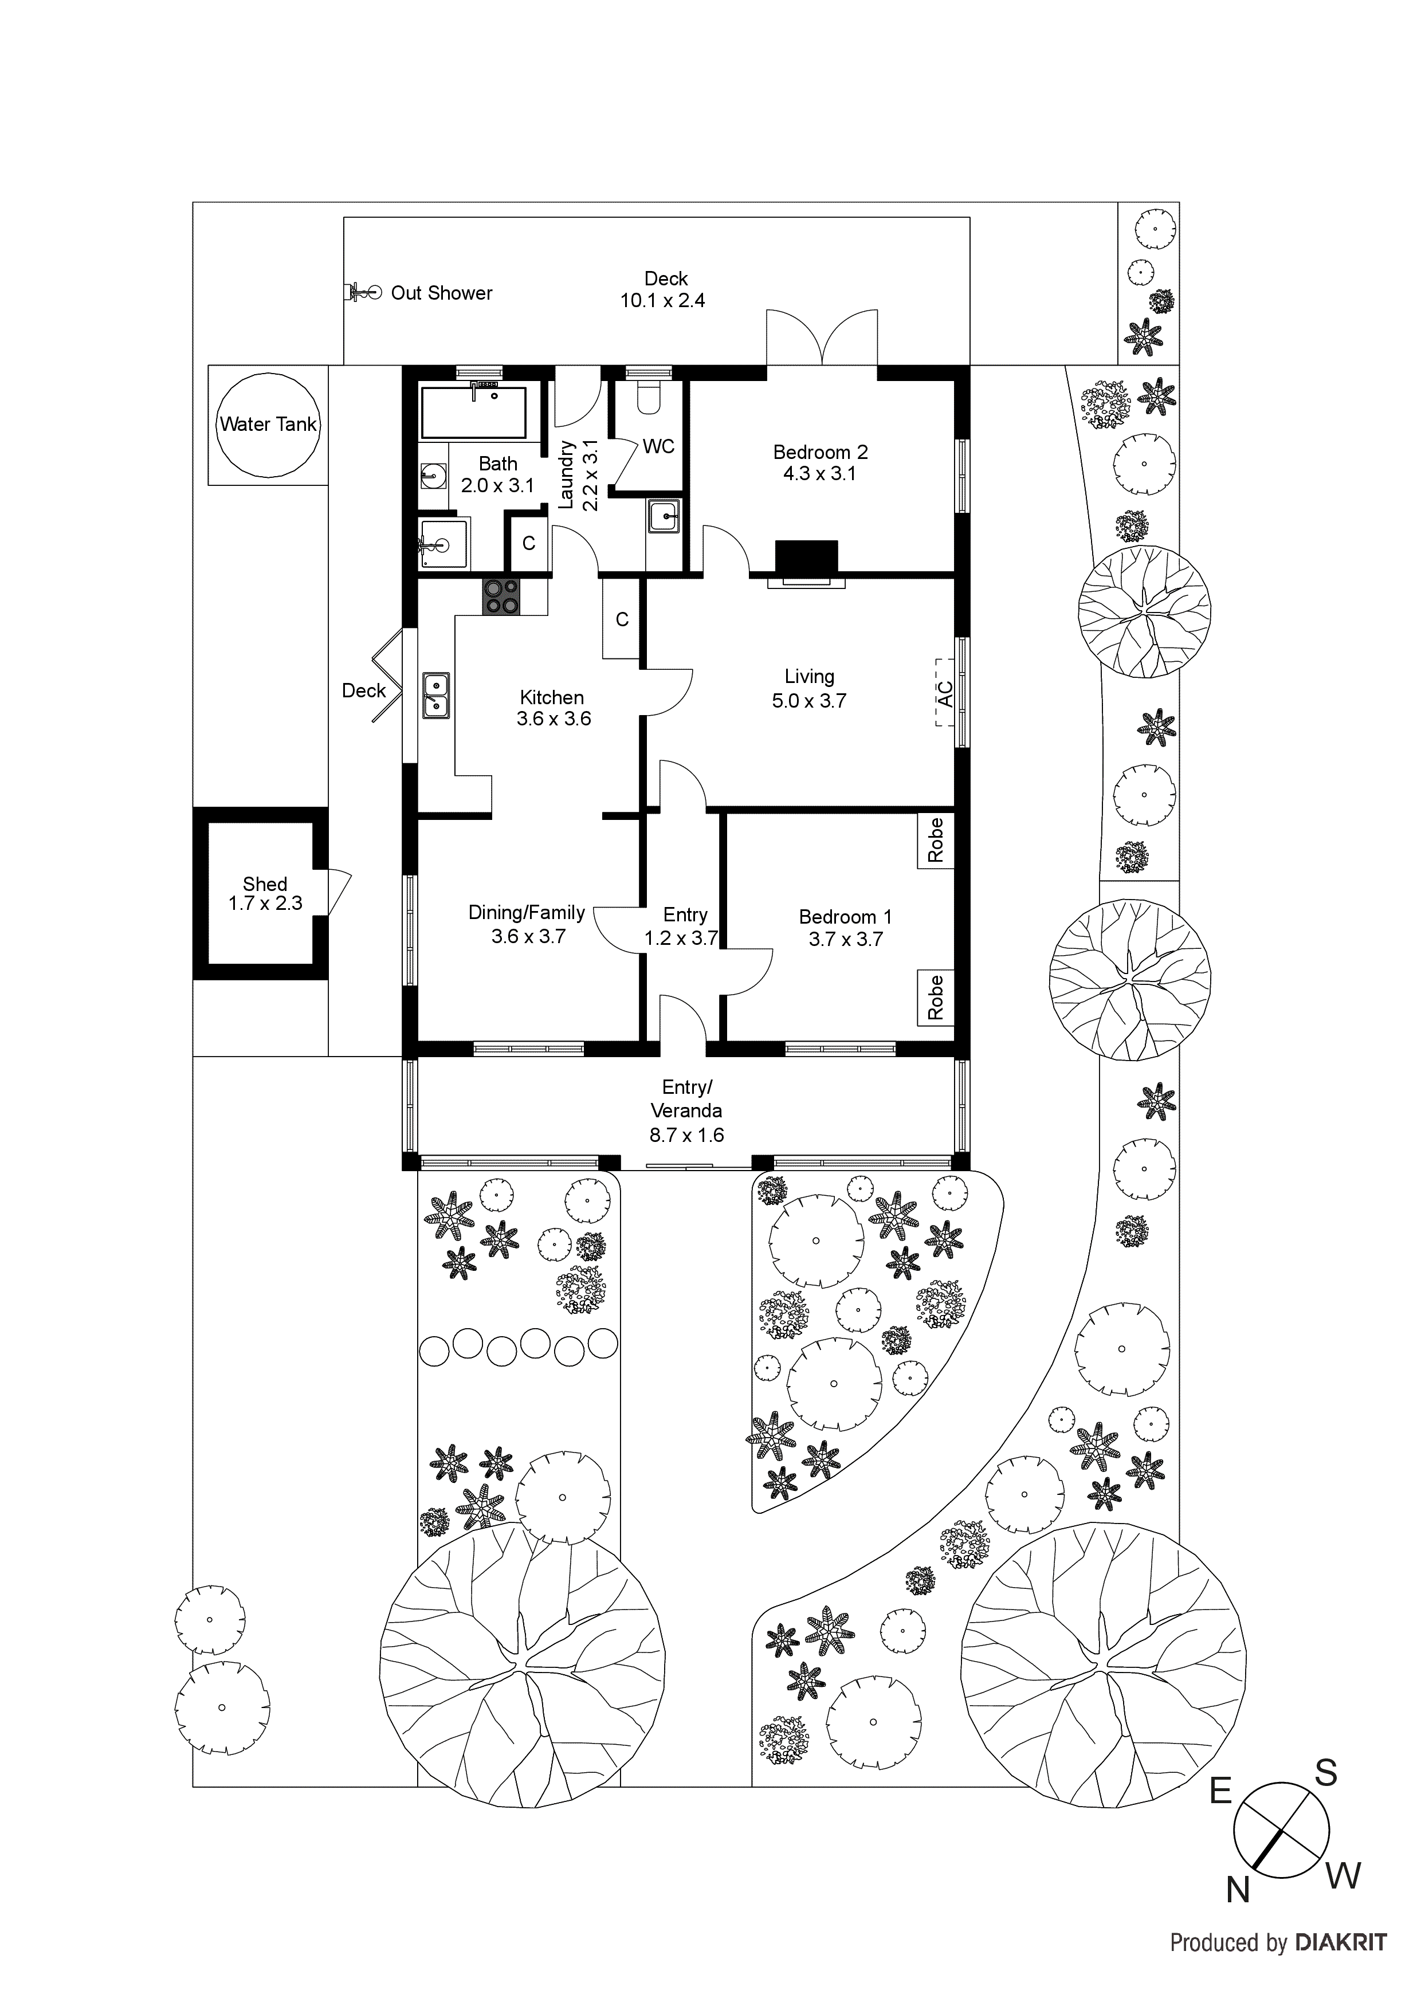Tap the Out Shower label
(441, 293)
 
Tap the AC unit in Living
(944, 693)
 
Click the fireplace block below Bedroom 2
(806, 557)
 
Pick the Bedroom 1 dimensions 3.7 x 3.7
(845, 939)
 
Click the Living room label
(809, 677)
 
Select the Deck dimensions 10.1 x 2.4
(663, 301)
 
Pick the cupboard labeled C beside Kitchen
(622, 620)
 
